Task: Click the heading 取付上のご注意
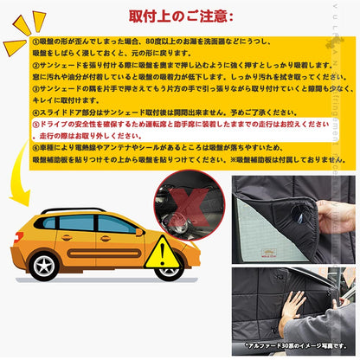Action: point(180,16)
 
